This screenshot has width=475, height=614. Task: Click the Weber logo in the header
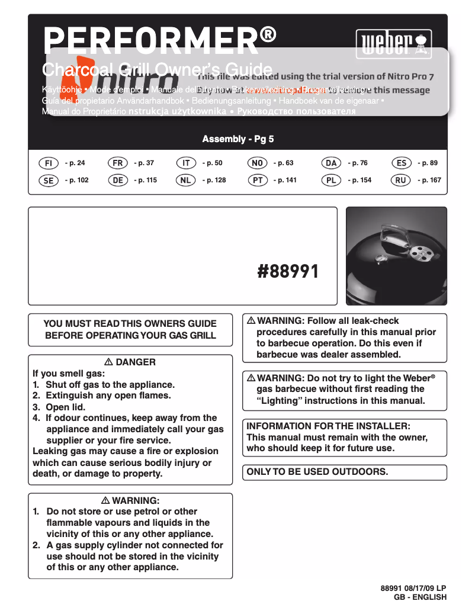393,44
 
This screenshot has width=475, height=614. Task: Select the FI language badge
49,163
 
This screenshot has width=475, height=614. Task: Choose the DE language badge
118,180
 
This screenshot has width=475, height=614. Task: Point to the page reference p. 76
357,163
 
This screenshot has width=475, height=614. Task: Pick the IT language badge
186,163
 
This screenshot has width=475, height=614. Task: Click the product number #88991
288,272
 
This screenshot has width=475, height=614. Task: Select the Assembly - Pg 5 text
238,139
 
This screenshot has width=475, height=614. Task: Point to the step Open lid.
66,407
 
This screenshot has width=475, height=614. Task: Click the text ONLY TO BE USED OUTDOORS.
317,472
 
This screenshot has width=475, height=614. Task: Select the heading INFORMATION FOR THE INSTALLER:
328,426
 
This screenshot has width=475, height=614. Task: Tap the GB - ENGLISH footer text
420,597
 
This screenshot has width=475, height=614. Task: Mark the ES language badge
402,163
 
